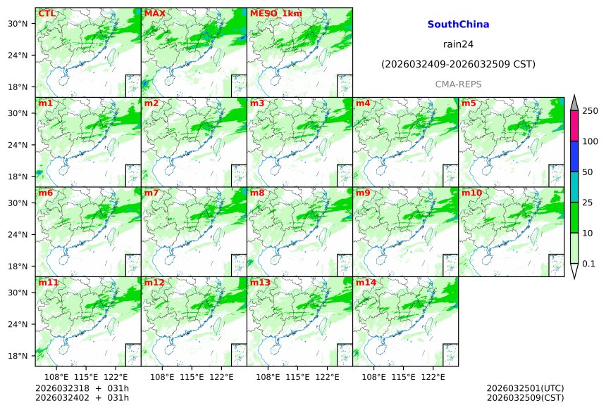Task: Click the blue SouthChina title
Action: (x=458, y=25)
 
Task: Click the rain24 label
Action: (x=458, y=44)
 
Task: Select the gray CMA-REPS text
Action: (x=458, y=84)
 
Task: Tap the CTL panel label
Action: (x=47, y=13)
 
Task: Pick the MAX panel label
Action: (x=154, y=13)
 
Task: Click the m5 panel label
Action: (x=469, y=103)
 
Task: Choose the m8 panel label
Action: (x=257, y=193)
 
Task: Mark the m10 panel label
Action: (x=471, y=193)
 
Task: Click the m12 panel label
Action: (x=154, y=283)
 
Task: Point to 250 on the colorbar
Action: (x=590, y=111)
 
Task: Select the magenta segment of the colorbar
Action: (x=574, y=126)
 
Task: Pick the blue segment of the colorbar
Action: (x=574, y=156)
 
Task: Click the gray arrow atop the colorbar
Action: (x=574, y=103)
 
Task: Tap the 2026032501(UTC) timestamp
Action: (x=525, y=388)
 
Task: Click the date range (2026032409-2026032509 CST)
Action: (x=458, y=64)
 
